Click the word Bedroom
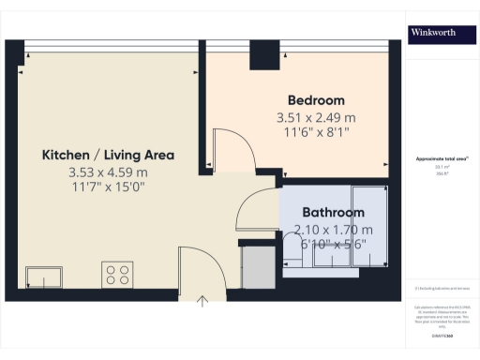(316, 100)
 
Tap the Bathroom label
(333, 213)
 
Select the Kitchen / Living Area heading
(108, 155)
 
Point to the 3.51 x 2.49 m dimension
(316, 118)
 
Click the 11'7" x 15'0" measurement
(107, 187)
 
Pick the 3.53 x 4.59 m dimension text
(108, 172)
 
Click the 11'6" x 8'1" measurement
(315, 134)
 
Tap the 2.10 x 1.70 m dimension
(333, 230)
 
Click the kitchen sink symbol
(44, 277)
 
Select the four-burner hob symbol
(118, 275)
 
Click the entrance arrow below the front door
(203, 300)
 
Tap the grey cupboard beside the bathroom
(253, 267)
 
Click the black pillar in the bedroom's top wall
(257, 55)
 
